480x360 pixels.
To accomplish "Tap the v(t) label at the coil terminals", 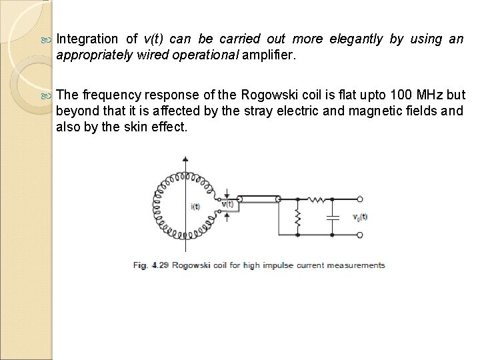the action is point(227,203).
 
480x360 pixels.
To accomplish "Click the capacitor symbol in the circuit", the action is point(330,217).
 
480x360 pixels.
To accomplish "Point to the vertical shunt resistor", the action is point(297,217).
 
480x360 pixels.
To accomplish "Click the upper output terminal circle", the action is point(360,199).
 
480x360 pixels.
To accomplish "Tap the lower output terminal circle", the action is point(360,235).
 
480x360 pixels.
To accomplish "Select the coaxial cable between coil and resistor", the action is point(258,199).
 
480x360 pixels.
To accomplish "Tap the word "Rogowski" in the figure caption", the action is point(193,265).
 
